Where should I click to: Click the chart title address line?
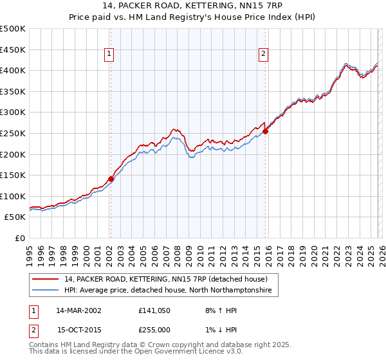coord(192,5)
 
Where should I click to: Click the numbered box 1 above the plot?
coord(110,55)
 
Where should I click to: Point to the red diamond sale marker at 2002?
coord(111,180)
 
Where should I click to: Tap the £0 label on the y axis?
coord(20,238)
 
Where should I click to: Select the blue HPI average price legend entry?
coord(168,291)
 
